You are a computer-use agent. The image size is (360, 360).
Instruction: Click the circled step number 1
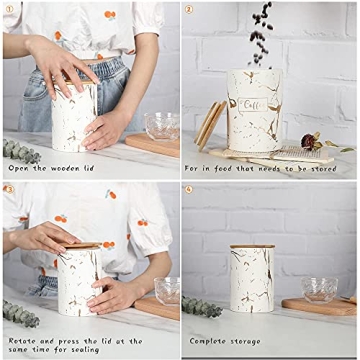click(x=9, y=10)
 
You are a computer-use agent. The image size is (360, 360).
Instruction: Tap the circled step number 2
click(x=189, y=10)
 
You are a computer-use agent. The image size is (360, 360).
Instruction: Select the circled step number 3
click(x=9, y=189)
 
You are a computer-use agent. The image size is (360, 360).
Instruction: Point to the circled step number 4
click(x=189, y=189)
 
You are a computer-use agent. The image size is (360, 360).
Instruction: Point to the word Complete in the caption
click(x=209, y=341)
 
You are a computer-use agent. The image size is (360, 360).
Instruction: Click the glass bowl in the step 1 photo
click(x=159, y=126)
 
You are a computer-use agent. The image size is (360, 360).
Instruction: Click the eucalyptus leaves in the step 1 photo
click(x=21, y=150)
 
